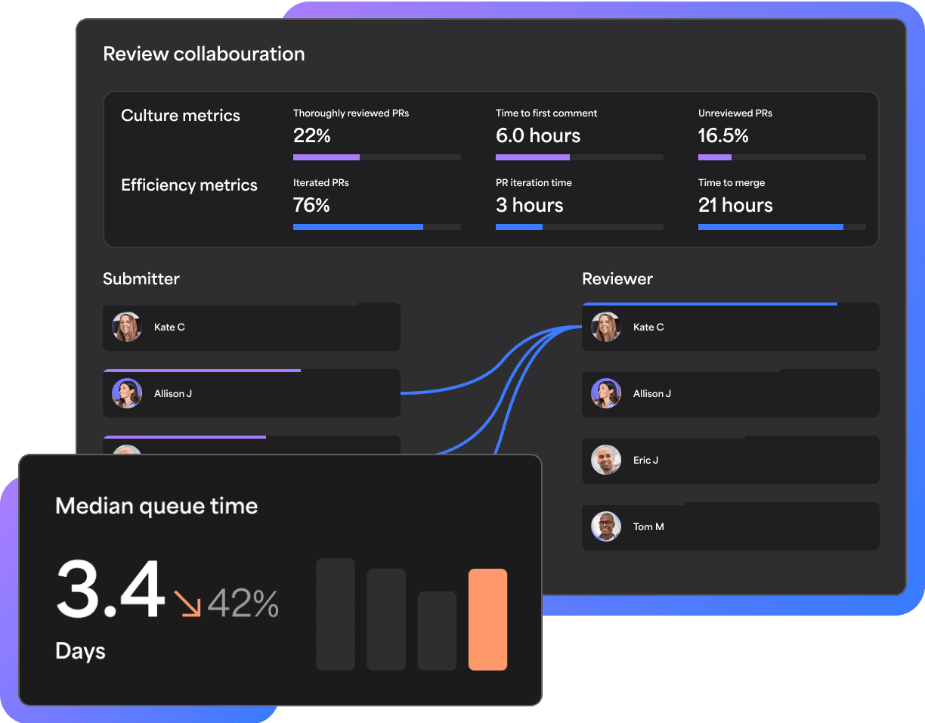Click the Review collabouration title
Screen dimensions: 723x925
pyautogui.click(x=203, y=54)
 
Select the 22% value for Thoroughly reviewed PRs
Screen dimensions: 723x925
pyautogui.click(x=311, y=136)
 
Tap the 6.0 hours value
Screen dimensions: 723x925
pyautogui.click(x=538, y=136)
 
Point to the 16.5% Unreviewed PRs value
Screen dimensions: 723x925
pyautogui.click(x=723, y=136)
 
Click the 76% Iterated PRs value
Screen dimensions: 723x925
pyautogui.click(x=311, y=206)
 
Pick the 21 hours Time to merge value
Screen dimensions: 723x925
pyautogui.click(x=735, y=206)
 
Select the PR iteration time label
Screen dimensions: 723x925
pyautogui.click(x=534, y=183)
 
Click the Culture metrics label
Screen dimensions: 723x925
pyautogui.click(x=181, y=116)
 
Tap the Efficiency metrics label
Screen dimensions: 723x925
pyautogui.click(x=189, y=185)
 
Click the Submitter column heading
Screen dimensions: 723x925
pyautogui.click(x=141, y=279)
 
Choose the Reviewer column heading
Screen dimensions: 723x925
pyautogui.click(x=617, y=279)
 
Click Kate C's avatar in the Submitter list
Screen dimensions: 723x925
pyautogui.click(x=127, y=327)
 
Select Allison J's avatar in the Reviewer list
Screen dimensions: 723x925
pyautogui.click(x=606, y=393)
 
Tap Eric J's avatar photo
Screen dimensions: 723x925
pyautogui.click(x=606, y=460)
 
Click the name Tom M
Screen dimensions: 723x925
pyautogui.click(x=648, y=526)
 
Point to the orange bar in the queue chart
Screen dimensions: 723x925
pyautogui.click(x=487, y=619)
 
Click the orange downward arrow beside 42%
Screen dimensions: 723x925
pyautogui.click(x=187, y=604)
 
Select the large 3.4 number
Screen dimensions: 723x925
pyautogui.click(x=110, y=591)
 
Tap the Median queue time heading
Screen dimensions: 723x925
pyautogui.click(x=156, y=506)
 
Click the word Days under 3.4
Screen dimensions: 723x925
pyautogui.click(x=80, y=651)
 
